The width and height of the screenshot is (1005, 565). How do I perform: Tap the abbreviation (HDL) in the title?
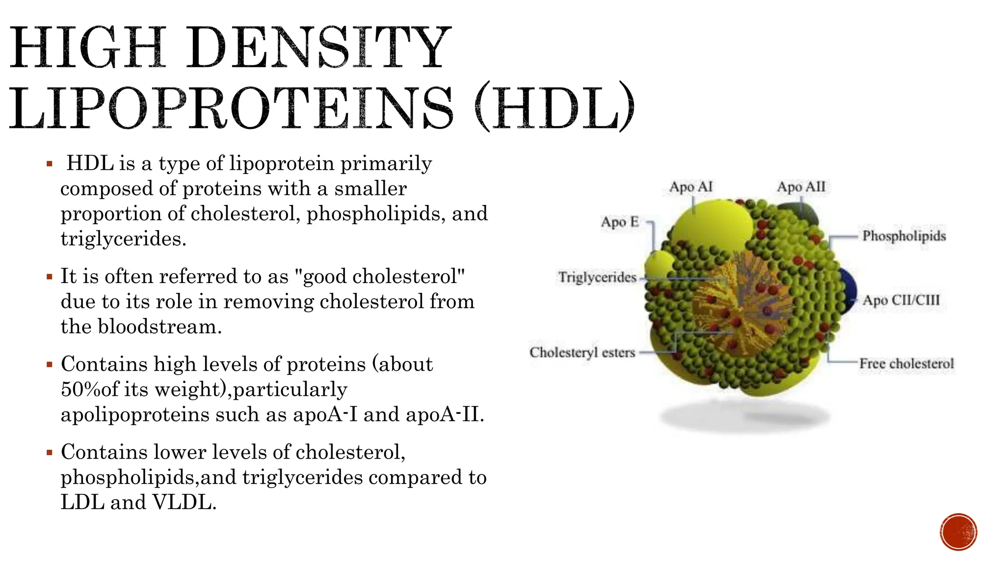click(555, 107)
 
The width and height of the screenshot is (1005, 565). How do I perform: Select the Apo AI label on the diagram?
click(691, 187)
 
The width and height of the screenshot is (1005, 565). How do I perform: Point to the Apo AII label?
click(801, 187)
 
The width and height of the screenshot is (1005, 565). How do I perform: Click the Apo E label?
click(620, 222)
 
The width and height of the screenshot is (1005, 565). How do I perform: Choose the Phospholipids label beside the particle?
click(904, 236)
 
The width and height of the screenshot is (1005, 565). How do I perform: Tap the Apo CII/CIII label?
click(901, 300)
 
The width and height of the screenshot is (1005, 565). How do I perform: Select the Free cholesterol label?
click(906, 363)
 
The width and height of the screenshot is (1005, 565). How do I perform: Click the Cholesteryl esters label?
click(582, 352)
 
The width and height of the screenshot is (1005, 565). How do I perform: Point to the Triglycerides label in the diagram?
click(597, 278)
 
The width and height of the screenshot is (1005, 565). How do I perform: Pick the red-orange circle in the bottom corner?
click(958, 532)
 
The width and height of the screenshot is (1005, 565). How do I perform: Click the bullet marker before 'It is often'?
click(49, 277)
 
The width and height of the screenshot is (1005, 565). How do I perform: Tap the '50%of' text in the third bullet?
click(90, 389)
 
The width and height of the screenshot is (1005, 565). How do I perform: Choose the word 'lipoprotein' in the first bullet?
click(282, 163)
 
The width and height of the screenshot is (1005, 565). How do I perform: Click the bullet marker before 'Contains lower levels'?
click(49, 452)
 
